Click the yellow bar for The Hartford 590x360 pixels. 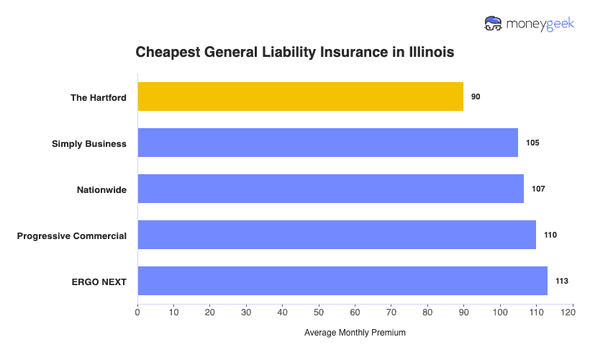pyautogui.click(x=300, y=96)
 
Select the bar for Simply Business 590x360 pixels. pyautogui.click(x=327, y=143)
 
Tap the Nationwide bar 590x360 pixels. pyautogui.click(x=330, y=189)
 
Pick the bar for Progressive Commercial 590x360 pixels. pyautogui.click(x=337, y=235)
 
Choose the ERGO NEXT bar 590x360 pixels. pyautogui.click(x=342, y=281)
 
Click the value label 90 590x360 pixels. pyautogui.click(x=476, y=96)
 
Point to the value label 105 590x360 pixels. pyautogui.click(x=532, y=143)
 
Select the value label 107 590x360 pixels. pyautogui.click(x=538, y=189)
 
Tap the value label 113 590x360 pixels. pyautogui.click(x=561, y=281)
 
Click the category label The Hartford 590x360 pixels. pyautogui.click(x=98, y=97)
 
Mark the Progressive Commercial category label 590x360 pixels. pyautogui.click(x=72, y=235)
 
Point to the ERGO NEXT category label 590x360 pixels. pyautogui.click(x=99, y=282)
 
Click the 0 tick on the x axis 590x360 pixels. pyautogui.click(x=137, y=312)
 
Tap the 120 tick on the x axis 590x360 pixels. pyautogui.click(x=572, y=312)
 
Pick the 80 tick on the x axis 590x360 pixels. pyautogui.click(x=427, y=312)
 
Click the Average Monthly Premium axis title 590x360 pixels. pyautogui.click(x=355, y=333)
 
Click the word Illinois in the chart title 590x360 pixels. pyautogui.click(x=429, y=53)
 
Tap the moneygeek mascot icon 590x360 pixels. pyautogui.click(x=494, y=23)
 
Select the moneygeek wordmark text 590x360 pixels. pyautogui.click(x=540, y=24)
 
